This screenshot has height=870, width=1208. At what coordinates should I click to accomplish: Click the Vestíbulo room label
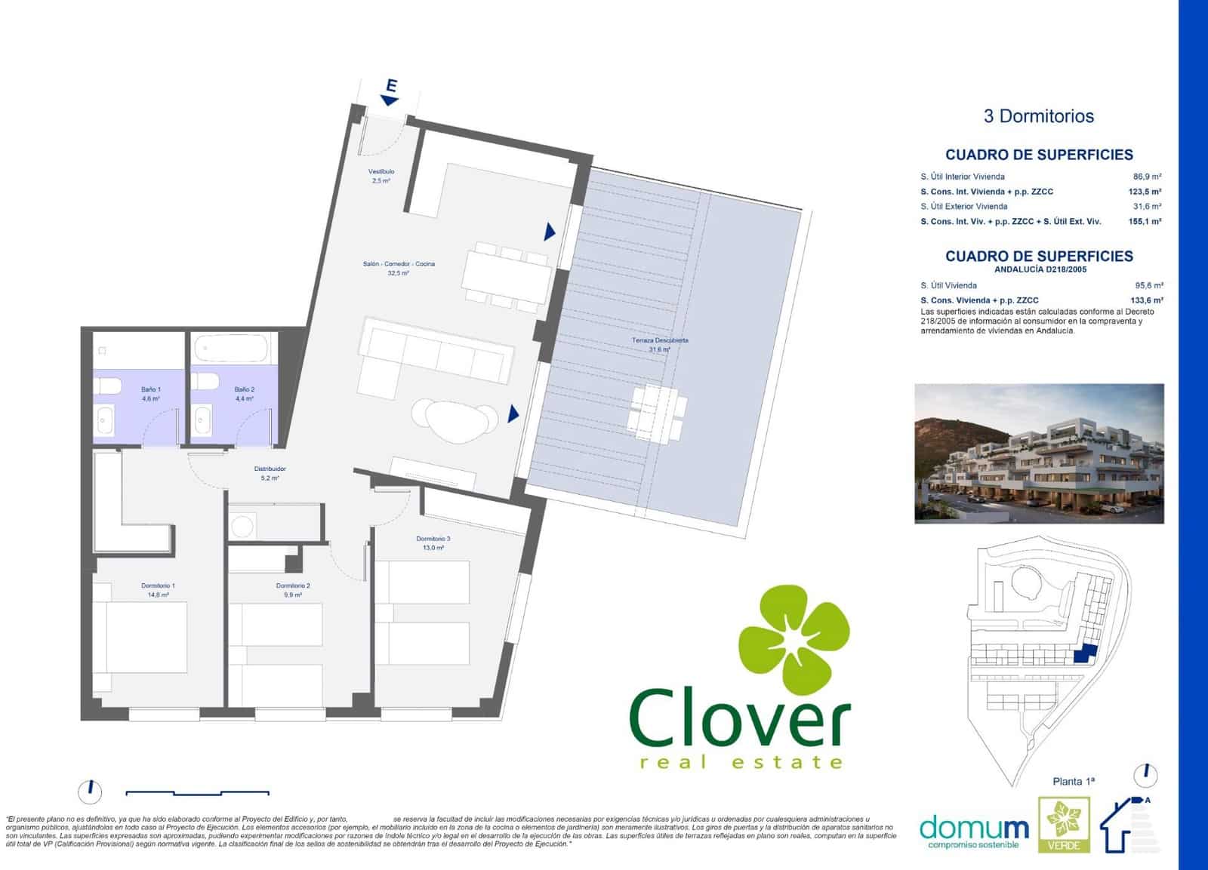[381, 172]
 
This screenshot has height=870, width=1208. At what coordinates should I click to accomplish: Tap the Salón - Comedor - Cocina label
[399, 264]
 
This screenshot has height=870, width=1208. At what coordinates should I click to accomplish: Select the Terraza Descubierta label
[659, 340]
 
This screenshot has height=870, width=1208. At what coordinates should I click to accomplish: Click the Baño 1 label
[150, 389]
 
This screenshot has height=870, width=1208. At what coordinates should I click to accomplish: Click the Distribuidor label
[270, 469]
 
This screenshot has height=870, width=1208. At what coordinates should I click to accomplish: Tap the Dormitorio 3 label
[433, 539]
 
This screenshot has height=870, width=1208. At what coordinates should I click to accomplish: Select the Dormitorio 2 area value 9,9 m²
[293, 595]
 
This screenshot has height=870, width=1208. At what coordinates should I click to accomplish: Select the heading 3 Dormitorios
[1039, 116]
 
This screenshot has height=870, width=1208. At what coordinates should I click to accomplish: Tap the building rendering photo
[1039, 453]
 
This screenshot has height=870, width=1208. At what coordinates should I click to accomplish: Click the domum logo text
[974, 828]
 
